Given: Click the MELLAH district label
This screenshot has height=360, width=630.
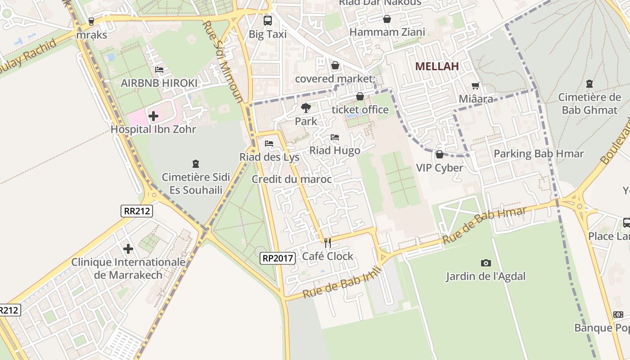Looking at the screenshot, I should coord(436,67).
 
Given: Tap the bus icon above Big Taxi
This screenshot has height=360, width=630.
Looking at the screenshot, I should coord(268,20).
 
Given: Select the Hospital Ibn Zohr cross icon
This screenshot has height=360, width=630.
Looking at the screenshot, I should coord(153,116).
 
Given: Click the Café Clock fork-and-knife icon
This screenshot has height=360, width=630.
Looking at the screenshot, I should coord(328,243).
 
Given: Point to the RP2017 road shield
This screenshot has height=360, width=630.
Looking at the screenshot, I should coord(278,258).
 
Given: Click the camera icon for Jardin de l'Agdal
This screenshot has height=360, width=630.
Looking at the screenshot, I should coord(486,263).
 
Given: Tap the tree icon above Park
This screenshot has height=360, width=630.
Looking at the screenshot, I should coord(306,108).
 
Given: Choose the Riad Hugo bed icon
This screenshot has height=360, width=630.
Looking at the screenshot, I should coord(335,137).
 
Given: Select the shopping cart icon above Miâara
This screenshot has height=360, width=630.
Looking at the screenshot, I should coord(476,85).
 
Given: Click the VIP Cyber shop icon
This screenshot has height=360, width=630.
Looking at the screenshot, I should coord(440,154).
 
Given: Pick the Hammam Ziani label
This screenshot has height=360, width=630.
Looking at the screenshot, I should coord(387,32).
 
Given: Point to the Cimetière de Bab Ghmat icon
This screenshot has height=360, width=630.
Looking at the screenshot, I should coord(589,84).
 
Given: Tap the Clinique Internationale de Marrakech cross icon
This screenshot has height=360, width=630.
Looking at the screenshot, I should coord(128,248).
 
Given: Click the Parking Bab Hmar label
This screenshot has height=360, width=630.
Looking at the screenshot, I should coord(539,154).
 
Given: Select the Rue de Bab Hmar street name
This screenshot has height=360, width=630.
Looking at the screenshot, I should coord(484,225).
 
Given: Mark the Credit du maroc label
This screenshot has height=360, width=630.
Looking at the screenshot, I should coord(292,179).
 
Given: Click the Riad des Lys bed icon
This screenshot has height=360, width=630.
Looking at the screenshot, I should coord(269,144).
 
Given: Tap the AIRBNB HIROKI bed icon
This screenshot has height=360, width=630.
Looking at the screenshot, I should coord(159,70).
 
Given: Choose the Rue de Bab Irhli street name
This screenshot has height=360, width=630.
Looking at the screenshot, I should coord(342,283).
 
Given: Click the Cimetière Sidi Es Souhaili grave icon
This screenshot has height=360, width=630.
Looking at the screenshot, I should coord(196,163).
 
